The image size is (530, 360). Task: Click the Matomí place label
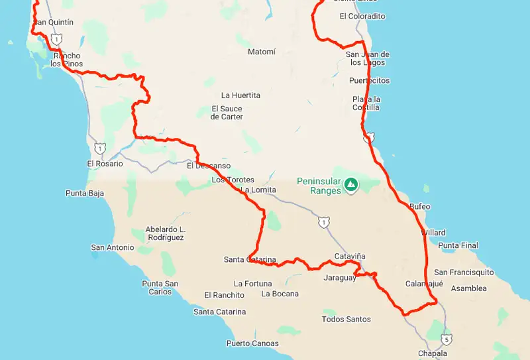pos(261,52)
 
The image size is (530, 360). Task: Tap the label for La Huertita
pos(240,95)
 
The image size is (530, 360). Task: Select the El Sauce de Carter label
pos(227,113)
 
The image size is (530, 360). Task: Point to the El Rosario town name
pos(105,164)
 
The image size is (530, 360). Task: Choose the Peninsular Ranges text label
pos(319,186)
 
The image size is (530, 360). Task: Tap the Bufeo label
pos(420,207)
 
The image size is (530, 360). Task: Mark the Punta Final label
pos(458,246)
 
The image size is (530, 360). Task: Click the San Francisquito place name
pos(464,272)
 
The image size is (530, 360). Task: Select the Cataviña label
pos(350,256)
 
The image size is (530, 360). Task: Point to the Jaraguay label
pos(340,278)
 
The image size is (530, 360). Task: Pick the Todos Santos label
pos(346,320)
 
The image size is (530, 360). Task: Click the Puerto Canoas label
pos(252,343)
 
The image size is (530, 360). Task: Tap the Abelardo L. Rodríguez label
pos(166,233)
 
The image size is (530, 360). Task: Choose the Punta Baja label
pos(85,194)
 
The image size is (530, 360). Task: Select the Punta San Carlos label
pos(160,288)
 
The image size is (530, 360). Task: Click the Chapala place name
pos(432,353)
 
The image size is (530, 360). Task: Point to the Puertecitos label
pos(369,81)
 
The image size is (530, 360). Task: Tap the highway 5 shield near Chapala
pos(448,339)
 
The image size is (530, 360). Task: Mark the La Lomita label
pos(258,190)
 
